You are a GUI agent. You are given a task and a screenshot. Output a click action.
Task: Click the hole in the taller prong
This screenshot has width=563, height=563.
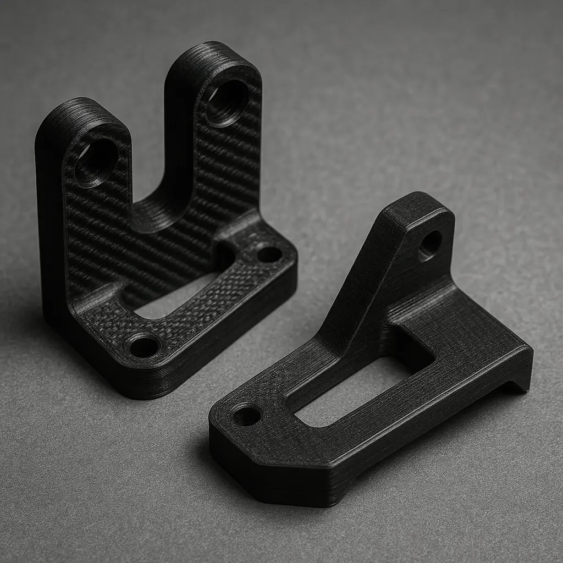click(227, 103)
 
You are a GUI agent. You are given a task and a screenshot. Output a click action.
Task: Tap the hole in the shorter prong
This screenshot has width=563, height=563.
click(97, 161)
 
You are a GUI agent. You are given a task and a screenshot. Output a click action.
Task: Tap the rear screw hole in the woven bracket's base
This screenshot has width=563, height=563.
click(269, 254)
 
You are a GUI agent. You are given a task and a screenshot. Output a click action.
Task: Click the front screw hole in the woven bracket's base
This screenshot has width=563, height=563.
click(144, 346)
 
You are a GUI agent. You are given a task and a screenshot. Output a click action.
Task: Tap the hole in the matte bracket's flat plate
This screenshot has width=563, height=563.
click(246, 416)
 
